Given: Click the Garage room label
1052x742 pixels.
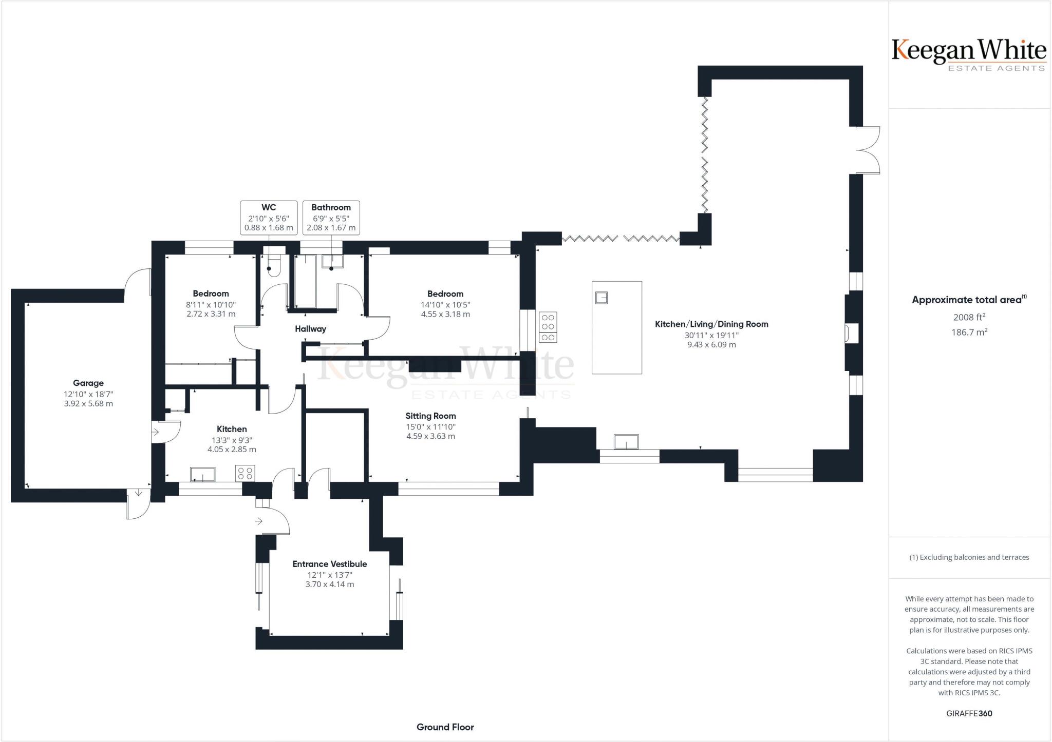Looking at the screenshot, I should [88, 383].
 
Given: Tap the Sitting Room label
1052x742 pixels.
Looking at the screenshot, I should [430, 416].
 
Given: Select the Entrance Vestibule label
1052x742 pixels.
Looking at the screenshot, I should [330, 564].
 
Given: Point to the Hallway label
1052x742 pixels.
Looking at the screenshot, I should [310, 329].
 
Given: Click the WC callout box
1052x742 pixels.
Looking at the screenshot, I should [269, 218].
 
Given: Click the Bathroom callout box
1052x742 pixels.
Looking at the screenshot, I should [331, 218].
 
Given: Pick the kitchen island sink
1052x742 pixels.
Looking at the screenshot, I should [601, 298].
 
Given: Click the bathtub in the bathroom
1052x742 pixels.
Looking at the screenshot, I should [306, 282].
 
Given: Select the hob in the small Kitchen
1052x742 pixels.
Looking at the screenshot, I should [246, 473].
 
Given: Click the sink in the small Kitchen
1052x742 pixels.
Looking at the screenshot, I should [203, 474].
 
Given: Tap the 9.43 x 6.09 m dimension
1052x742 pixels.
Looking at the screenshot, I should [711, 345].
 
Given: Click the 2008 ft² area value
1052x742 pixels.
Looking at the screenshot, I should [969, 317].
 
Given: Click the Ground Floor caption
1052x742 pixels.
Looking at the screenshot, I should [445, 727].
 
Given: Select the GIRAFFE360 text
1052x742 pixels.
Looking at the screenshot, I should [969, 713].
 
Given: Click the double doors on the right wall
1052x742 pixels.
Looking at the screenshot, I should [868, 150].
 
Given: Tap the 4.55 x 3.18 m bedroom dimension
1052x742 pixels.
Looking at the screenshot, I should [445, 314].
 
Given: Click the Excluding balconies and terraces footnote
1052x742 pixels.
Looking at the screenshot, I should [969, 557].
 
